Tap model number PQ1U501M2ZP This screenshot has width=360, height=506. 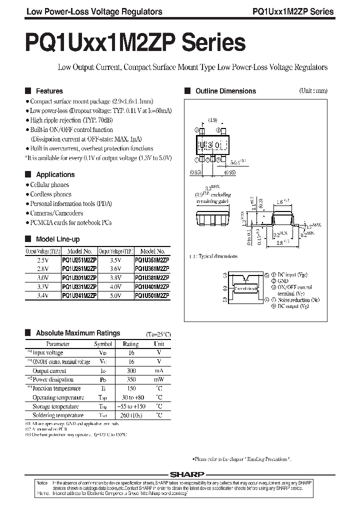153,295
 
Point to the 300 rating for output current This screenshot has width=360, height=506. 131,371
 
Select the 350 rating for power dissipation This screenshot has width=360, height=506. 131,380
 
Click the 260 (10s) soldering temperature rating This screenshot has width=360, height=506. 131,415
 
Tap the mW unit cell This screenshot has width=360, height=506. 159,380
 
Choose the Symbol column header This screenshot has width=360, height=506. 103,344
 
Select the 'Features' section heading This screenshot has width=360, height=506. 49,91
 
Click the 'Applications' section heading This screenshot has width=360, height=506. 55,174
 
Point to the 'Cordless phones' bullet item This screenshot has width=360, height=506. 50,194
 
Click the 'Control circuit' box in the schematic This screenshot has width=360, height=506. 243,288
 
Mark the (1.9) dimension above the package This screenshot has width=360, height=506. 211,120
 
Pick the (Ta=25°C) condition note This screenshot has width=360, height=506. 159,333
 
